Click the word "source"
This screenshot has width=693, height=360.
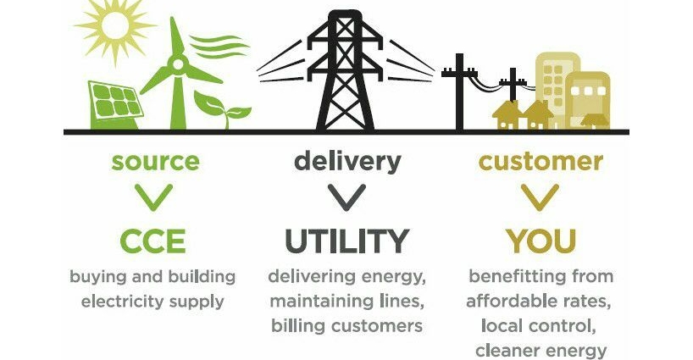157,162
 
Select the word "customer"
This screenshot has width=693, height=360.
541,162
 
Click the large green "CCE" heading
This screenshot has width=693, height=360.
152,241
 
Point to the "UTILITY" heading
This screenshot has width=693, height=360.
346,241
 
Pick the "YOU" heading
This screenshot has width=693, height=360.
541,241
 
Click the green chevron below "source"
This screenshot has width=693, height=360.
153,198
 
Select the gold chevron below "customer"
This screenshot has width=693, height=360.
541,198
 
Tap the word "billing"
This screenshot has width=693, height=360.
299,325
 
